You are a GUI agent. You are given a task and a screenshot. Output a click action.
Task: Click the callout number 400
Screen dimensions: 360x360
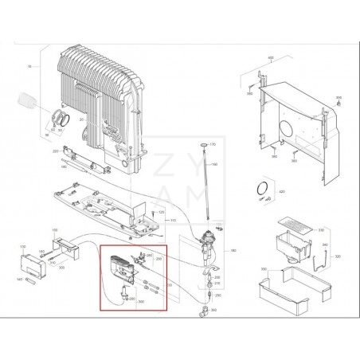point(270,58)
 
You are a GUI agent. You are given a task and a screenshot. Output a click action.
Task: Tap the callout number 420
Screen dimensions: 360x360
point(282,193)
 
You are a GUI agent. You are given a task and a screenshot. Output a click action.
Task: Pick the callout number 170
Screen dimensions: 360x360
point(213,145)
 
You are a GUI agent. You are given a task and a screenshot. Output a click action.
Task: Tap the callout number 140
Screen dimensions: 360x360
point(19,280)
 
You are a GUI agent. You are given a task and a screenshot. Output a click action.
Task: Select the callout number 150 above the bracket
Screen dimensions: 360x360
point(55,231)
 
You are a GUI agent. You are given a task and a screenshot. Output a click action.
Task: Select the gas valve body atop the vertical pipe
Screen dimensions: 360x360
point(209,236)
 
